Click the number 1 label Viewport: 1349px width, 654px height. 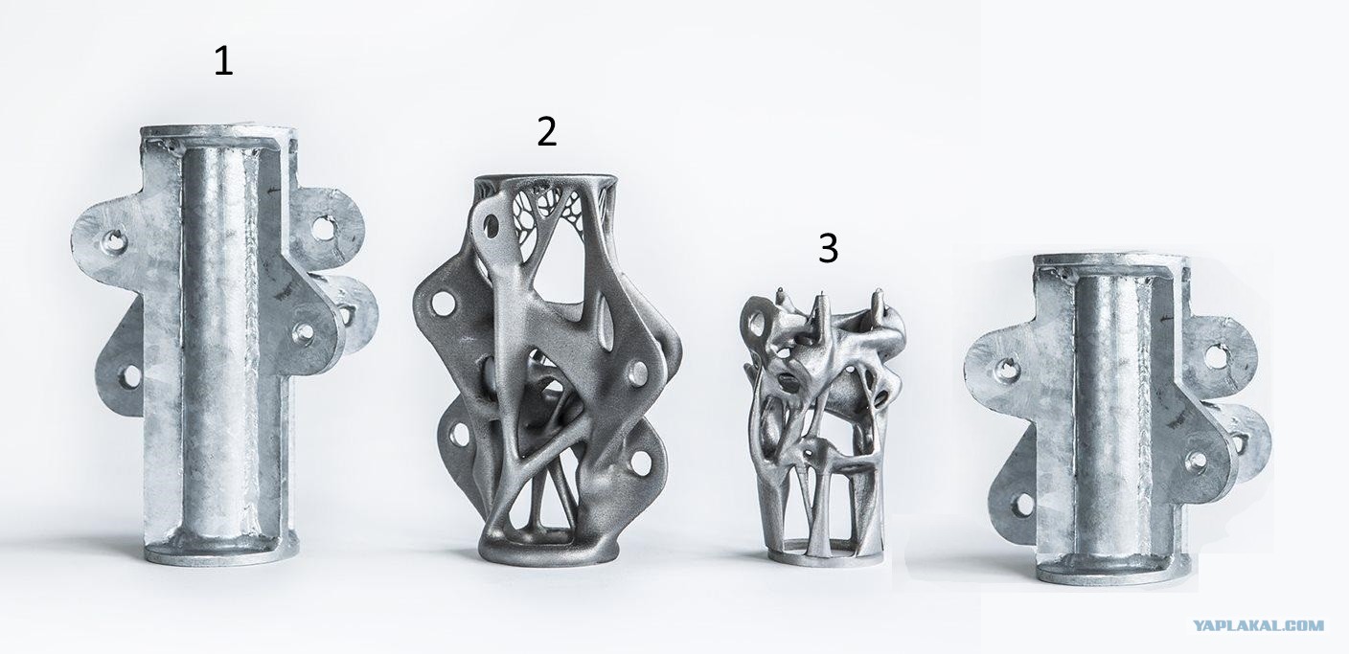click(x=223, y=62)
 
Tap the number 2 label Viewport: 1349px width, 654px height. click(x=546, y=132)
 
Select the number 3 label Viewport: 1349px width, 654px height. click(x=828, y=249)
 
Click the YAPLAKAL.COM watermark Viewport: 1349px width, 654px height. click(x=1260, y=625)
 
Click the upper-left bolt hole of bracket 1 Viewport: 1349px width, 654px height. click(x=114, y=242)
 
